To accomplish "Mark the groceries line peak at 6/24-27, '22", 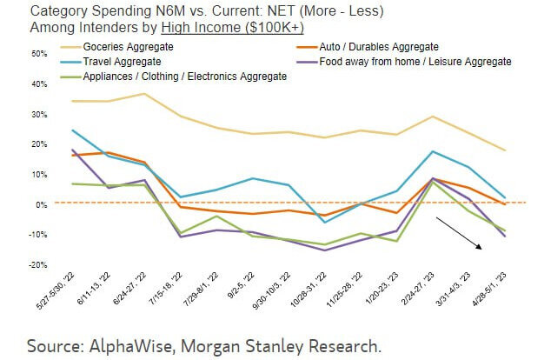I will pyautogui.click(x=143, y=93).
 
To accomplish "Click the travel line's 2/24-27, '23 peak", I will pyautogui.click(x=433, y=151).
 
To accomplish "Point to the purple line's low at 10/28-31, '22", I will pyautogui.click(x=324, y=250).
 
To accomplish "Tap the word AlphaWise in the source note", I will pyautogui.click(x=124, y=345).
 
